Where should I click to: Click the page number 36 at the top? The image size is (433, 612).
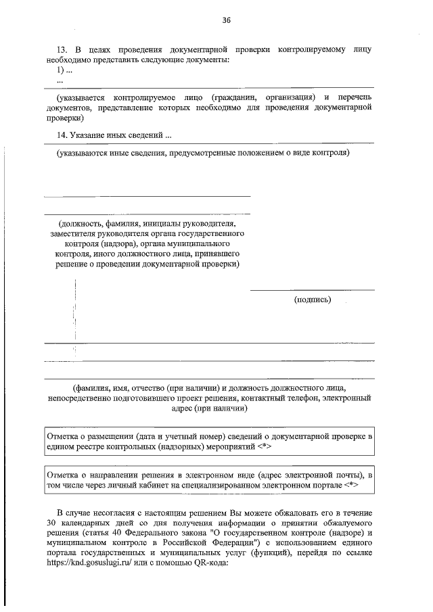(x=227, y=20)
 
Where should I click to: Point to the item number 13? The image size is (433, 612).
(x=62, y=50)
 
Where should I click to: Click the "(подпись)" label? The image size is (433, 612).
(x=313, y=299)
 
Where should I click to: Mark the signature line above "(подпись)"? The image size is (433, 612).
(x=313, y=290)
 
